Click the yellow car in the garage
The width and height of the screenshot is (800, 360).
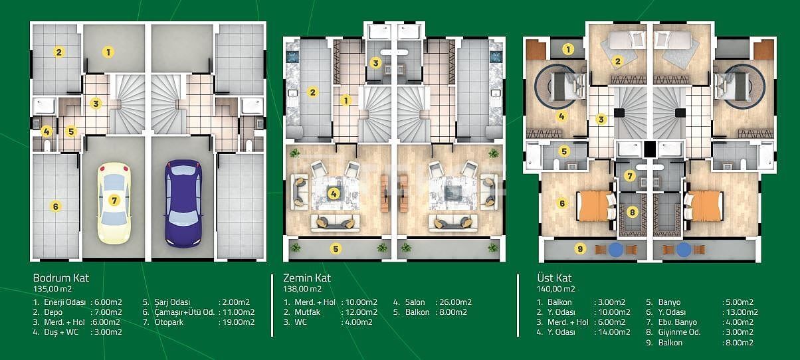point(116,202)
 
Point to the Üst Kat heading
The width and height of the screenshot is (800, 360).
point(553,278)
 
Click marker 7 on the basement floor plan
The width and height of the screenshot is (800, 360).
point(115,199)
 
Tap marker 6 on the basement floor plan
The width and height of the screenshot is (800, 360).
point(56,206)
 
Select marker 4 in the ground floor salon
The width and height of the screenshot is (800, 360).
point(334,194)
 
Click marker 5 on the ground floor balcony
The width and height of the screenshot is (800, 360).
point(336,249)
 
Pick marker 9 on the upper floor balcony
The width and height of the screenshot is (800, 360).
point(580,249)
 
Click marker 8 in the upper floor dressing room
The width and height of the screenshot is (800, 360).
point(633,213)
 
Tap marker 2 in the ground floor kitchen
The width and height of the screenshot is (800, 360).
point(312,92)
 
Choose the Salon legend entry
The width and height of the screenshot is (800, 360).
point(415,301)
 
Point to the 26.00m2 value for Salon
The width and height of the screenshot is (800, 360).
point(455,301)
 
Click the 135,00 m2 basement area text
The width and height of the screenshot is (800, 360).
point(52,290)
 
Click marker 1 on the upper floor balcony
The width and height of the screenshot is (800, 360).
point(568,48)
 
